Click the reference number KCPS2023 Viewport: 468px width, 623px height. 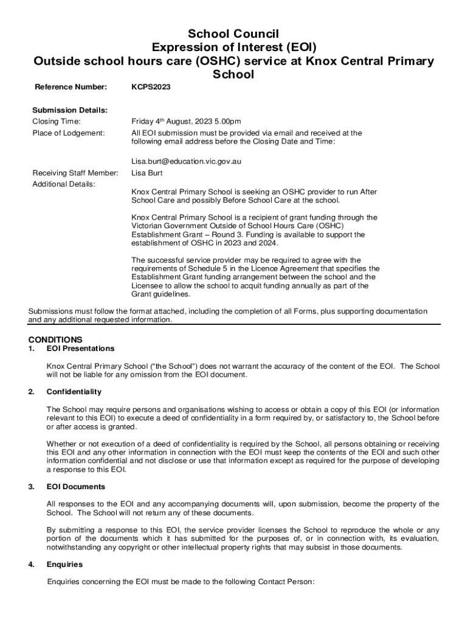(x=151, y=88)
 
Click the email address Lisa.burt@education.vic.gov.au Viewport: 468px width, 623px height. (x=187, y=162)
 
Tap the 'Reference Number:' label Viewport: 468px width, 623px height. (x=71, y=88)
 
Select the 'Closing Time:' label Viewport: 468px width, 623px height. (x=57, y=121)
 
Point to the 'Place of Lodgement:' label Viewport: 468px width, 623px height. (x=68, y=133)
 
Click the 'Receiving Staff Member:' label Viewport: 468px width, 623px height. (x=75, y=173)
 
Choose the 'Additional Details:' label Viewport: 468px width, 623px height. (x=63, y=184)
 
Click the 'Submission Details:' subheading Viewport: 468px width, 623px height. (x=70, y=110)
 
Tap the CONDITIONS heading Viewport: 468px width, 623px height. (x=55, y=339)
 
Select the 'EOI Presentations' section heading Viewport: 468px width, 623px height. (x=80, y=349)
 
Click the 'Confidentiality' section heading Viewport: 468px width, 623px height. (x=74, y=392)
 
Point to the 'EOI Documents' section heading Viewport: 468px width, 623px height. (x=76, y=487)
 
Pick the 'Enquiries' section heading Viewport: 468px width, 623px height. (x=64, y=565)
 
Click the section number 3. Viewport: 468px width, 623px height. (x=30, y=487)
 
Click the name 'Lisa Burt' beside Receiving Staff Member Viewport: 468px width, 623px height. (x=147, y=173)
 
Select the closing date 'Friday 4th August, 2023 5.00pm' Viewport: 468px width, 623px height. (x=186, y=121)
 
